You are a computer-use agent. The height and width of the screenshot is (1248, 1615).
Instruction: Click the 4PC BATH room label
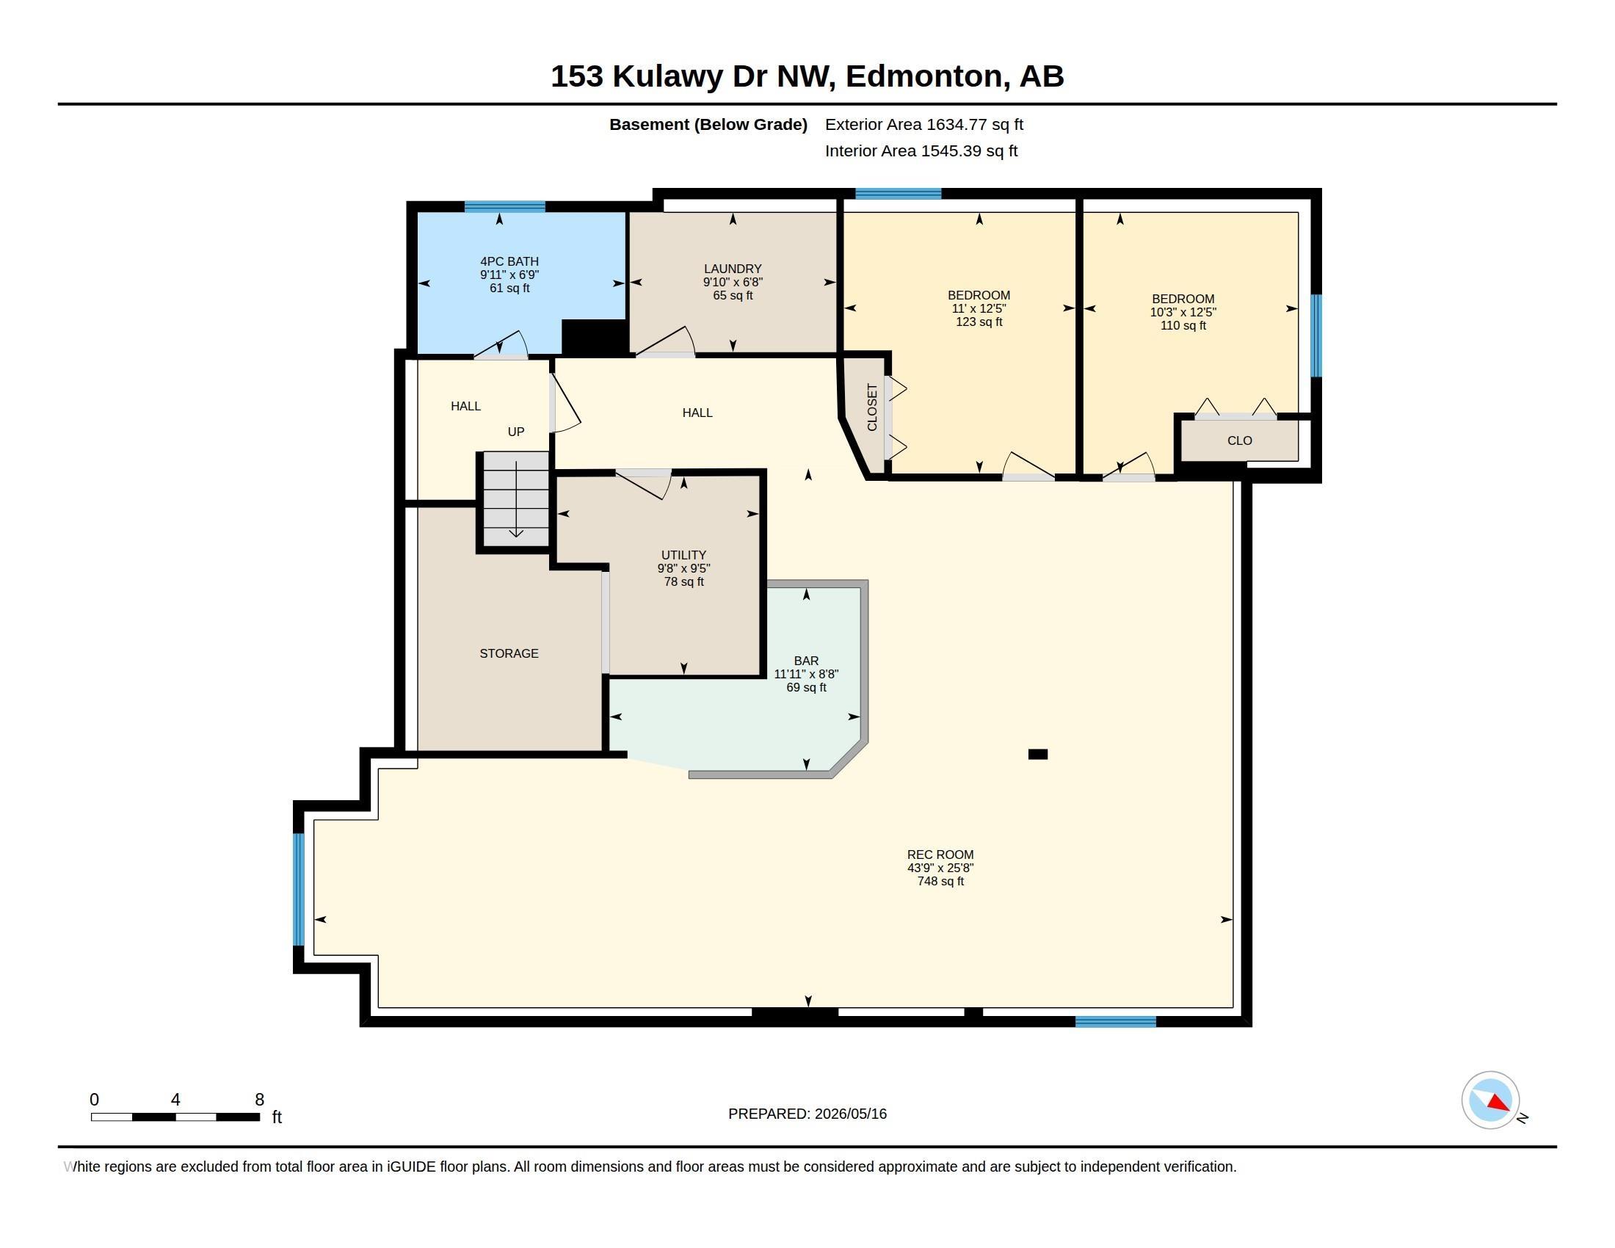[509, 261]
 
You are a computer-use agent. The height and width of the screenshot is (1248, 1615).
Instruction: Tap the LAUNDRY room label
[733, 269]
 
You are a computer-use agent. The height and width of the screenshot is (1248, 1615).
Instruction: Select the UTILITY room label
[684, 554]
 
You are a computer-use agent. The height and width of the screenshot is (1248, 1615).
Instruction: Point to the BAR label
[806, 660]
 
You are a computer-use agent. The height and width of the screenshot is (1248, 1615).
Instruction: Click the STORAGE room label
[509, 653]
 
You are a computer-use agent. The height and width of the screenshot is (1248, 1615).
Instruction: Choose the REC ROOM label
[940, 854]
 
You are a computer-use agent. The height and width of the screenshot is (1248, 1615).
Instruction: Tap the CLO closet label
[1239, 440]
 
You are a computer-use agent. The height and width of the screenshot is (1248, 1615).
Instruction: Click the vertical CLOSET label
[872, 407]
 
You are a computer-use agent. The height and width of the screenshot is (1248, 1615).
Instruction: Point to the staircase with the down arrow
[516, 499]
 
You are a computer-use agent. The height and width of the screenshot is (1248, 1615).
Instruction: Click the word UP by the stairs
[516, 432]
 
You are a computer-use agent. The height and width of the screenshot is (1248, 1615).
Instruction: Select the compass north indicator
[1491, 1100]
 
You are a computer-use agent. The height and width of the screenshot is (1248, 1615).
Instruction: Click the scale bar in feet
[175, 1117]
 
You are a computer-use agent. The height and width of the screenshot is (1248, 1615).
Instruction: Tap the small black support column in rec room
[1038, 754]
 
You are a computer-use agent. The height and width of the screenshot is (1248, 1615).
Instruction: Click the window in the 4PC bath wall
[504, 206]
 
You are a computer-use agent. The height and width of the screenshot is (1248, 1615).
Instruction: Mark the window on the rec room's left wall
[299, 890]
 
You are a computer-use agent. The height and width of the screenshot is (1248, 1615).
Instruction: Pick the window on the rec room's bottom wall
[1115, 1022]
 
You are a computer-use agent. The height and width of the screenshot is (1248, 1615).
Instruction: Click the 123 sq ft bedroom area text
[979, 322]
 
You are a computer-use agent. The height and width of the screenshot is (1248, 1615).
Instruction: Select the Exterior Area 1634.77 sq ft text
[924, 124]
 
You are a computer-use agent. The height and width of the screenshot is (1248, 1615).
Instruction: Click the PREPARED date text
[807, 1114]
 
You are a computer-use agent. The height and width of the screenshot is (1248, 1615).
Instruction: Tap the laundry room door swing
[668, 341]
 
